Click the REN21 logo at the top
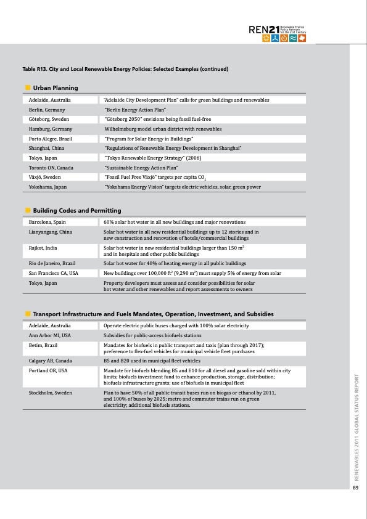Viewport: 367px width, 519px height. (x=277, y=33)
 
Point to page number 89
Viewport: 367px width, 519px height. (x=355, y=489)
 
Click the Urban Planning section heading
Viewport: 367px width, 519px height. (x=55, y=88)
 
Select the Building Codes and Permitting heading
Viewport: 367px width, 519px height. (x=76, y=211)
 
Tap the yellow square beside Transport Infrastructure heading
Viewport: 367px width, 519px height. (x=28, y=314)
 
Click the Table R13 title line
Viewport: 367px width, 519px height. (x=125, y=69)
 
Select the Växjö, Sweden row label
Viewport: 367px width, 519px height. (x=44, y=177)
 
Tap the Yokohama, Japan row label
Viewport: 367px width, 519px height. (x=47, y=187)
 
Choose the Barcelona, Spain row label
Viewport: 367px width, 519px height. (x=47, y=222)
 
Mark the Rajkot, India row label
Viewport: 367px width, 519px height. (x=43, y=248)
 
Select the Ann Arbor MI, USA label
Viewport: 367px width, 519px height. (x=50, y=335)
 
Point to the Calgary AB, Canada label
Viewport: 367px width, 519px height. (x=51, y=361)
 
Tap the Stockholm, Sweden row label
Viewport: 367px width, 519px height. (x=51, y=393)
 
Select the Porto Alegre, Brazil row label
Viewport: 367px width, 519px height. (x=51, y=138)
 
